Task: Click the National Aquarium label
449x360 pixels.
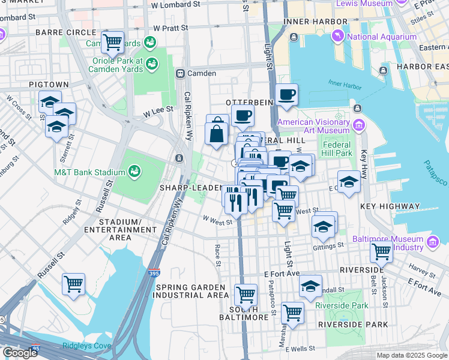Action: [381, 37]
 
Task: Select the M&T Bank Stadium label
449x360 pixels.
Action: [90, 173]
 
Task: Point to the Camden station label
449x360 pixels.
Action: [202, 73]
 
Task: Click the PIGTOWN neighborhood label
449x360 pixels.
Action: [47, 85]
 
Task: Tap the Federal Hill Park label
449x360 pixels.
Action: [337, 149]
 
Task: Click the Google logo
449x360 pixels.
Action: [20, 352]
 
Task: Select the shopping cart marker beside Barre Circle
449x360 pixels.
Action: [112, 41]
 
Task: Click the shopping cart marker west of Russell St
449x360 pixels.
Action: [73, 283]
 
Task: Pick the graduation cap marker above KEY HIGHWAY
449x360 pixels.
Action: [349, 181]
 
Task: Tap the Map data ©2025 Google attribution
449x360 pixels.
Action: [411, 355]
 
